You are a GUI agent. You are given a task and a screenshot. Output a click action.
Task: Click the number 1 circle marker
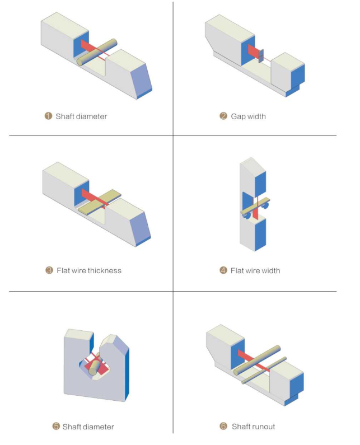(48, 116)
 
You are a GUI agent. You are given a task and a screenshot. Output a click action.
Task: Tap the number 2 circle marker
(223, 116)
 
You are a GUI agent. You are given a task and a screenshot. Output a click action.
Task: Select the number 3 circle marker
(49, 270)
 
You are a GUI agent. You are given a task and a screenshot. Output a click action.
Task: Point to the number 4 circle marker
(223, 270)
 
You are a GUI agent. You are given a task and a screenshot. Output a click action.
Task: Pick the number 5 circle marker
(56, 427)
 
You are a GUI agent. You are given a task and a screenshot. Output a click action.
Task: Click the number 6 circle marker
(223, 427)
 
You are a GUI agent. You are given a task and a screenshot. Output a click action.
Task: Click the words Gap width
(249, 116)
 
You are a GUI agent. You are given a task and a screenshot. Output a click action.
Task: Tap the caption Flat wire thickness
(89, 270)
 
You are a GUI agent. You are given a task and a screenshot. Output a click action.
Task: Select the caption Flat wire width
(255, 270)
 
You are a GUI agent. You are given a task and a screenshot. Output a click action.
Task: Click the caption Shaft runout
(253, 427)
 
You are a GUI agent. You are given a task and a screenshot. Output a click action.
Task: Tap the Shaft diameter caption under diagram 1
(81, 116)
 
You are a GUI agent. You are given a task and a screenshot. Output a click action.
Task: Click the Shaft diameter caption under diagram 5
(88, 427)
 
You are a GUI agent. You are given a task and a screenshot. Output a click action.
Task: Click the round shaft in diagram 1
(97, 52)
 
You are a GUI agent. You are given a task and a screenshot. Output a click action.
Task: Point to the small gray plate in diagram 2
(261, 56)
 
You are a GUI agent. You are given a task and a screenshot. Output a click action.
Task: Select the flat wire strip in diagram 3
(100, 201)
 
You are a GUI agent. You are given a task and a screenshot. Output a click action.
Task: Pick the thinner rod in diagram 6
(264, 371)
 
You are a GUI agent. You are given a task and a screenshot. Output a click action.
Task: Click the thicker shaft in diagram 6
(257, 360)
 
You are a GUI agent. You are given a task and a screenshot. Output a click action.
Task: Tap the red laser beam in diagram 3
(93, 198)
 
